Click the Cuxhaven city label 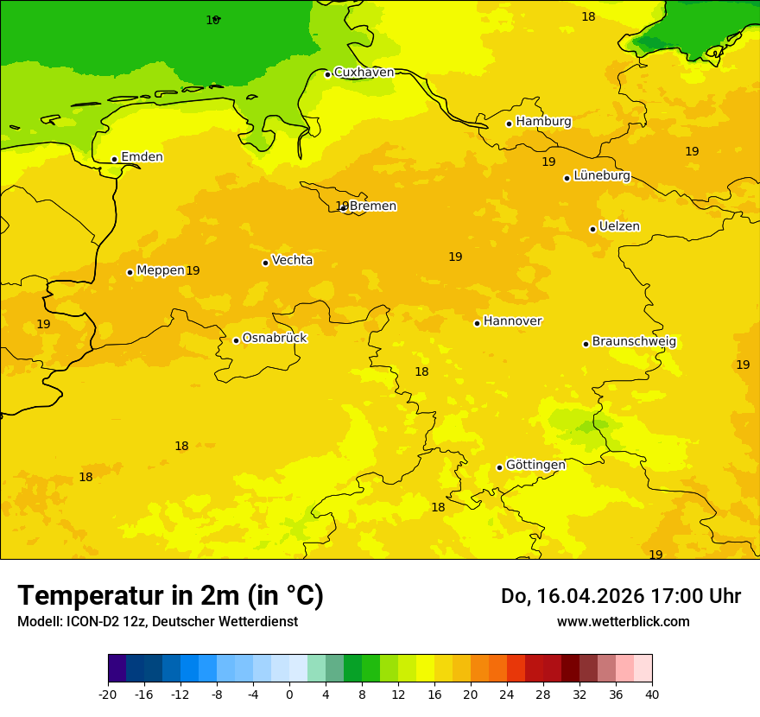click(x=364, y=73)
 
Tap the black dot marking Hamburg click(x=509, y=124)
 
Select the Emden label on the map click(x=142, y=157)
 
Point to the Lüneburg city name click(x=601, y=175)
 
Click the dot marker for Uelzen click(x=592, y=229)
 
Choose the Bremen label click(x=373, y=206)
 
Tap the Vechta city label click(x=292, y=260)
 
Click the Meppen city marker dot click(x=130, y=272)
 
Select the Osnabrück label click(x=275, y=339)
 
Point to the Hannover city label click(x=512, y=321)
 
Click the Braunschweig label click(x=634, y=342)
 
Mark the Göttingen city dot click(x=499, y=467)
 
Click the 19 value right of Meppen click(x=193, y=271)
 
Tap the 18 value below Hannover click(x=421, y=372)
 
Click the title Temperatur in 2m click(x=170, y=596)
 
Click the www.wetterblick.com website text click(x=623, y=622)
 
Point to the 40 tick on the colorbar click(x=652, y=695)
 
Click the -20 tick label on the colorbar click(x=108, y=695)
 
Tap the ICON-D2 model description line click(x=157, y=622)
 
